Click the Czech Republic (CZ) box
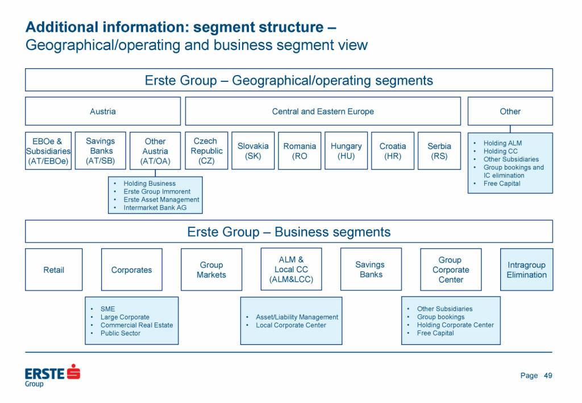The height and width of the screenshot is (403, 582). pos(207,151)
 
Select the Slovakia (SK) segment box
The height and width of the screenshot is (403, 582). pos(253,151)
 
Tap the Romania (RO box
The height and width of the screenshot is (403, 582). pos(300,151)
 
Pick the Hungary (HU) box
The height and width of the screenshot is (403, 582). pos(346,151)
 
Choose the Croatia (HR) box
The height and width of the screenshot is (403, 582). pos(393,151)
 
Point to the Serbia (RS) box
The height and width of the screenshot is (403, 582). pos(439,151)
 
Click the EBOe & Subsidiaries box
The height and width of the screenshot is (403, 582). pos(48,151)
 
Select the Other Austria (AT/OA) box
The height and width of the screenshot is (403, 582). pos(155,151)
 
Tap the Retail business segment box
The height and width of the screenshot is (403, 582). pos(54,269)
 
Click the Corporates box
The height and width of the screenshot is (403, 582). pos(132,269)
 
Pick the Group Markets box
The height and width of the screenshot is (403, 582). pos(211,269)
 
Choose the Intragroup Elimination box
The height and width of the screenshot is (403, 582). pos(526,269)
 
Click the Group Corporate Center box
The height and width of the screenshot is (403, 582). pos(451,269)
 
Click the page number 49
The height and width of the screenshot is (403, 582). pos(548,375)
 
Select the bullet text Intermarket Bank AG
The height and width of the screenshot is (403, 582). pos(155,208)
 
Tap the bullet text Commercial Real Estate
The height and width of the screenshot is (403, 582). pos(136,325)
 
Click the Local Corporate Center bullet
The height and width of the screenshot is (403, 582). pos(291,325)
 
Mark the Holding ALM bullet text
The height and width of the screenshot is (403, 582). pos(502,143)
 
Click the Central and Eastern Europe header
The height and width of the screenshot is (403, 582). pos(323,111)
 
